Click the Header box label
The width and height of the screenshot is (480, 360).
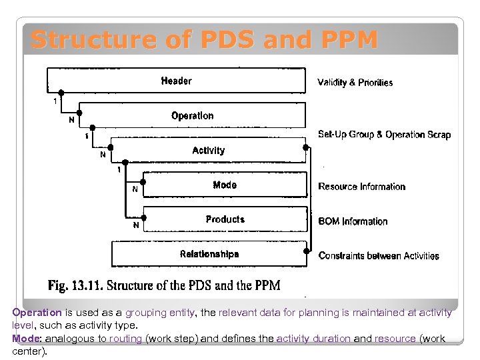tap(176, 81)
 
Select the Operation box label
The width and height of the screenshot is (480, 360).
tap(192, 116)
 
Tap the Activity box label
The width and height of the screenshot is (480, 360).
tap(208, 151)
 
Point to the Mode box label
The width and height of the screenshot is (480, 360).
tap(225, 185)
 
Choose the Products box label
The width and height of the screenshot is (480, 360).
tap(225, 219)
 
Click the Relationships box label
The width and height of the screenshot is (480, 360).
tap(209, 254)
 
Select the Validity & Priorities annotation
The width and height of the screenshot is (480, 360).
tap(355, 83)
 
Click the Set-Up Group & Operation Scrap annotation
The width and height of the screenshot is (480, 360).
tap(384, 135)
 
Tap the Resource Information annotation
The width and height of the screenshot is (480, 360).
tap(361, 187)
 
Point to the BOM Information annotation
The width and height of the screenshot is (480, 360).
tap(353, 221)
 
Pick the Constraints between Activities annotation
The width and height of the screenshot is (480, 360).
tap(379, 256)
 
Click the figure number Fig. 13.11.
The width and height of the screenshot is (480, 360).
tap(74, 285)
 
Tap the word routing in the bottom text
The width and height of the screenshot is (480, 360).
tap(126, 339)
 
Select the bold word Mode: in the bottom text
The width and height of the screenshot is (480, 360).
tap(26, 339)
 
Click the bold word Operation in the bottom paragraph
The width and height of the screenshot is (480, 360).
tap(37, 313)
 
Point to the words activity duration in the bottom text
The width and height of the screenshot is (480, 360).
tap(313, 339)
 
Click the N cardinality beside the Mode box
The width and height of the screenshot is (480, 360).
tap(135, 190)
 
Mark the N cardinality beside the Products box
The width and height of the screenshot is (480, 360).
tap(136, 225)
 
